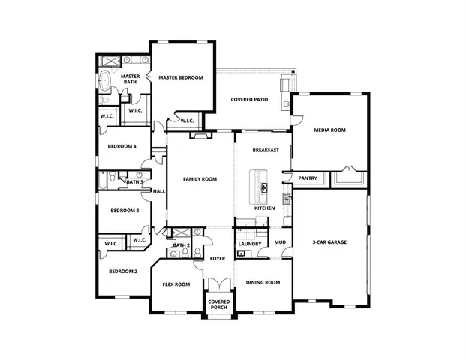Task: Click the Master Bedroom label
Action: click(180, 76)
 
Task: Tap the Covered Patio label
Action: click(249, 99)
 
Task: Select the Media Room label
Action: click(329, 130)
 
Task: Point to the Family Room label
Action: click(200, 179)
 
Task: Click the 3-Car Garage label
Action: click(329, 242)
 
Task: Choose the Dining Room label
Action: click(263, 283)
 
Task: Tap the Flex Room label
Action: click(176, 284)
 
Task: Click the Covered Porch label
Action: click(218, 306)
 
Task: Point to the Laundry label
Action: click(248, 244)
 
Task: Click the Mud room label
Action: click(280, 242)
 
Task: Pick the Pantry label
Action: click(308, 178)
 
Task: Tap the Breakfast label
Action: click(266, 150)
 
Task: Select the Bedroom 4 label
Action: click(122, 146)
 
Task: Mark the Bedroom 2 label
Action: click(123, 271)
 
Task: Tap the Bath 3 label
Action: click(135, 181)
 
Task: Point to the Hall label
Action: click(159, 191)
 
